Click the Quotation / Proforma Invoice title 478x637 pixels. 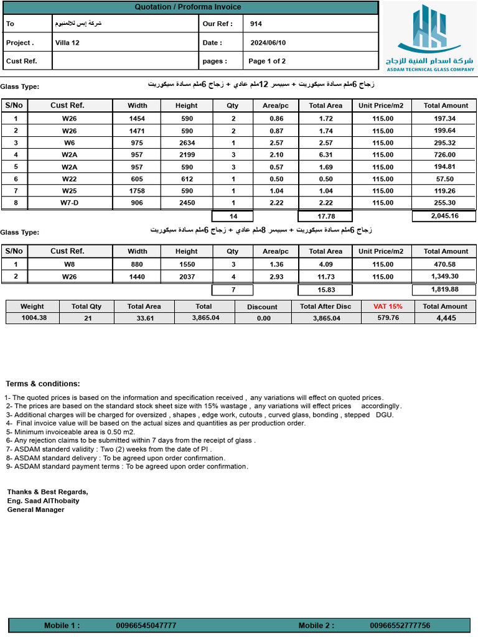(x=188, y=7)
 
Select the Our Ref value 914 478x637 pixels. (x=256, y=24)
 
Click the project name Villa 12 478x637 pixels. (x=67, y=43)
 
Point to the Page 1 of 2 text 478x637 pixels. (x=267, y=61)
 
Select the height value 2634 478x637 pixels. (x=187, y=142)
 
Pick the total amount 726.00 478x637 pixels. (x=445, y=154)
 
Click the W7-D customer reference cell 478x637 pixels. (x=69, y=203)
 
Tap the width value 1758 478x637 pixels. (x=137, y=191)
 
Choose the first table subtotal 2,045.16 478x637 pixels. (x=444, y=216)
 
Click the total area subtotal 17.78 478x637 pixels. (x=326, y=216)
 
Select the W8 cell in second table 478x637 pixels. (x=69, y=264)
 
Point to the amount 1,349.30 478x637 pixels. (x=445, y=276)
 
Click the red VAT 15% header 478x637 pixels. (x=388, y=306)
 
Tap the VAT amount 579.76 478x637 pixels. (x=388, y=318)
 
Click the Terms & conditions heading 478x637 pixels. (x=43, y=384)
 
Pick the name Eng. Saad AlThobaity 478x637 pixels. (x=44, y=500)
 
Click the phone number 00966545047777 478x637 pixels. (x=146, y=625)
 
